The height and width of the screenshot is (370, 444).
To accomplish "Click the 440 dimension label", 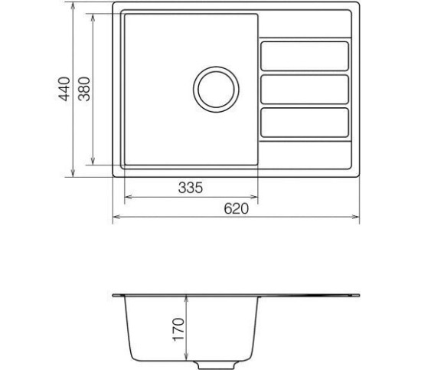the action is (64, 89).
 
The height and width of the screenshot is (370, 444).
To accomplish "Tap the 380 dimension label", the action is (84, 89).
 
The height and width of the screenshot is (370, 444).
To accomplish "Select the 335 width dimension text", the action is (191, 188).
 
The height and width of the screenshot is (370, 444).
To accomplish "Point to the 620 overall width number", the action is (236, 209).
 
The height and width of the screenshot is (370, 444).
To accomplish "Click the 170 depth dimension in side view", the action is (178, 329).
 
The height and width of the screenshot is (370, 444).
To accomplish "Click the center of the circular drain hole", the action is (216, 90).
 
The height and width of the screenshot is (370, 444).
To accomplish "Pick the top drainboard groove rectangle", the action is (305, 56).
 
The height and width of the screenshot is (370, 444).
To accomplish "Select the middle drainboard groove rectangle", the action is (305, 89).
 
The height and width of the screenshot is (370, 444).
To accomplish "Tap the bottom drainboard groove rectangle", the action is (305, 123).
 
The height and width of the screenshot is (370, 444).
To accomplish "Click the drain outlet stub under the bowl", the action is (216, 365).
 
